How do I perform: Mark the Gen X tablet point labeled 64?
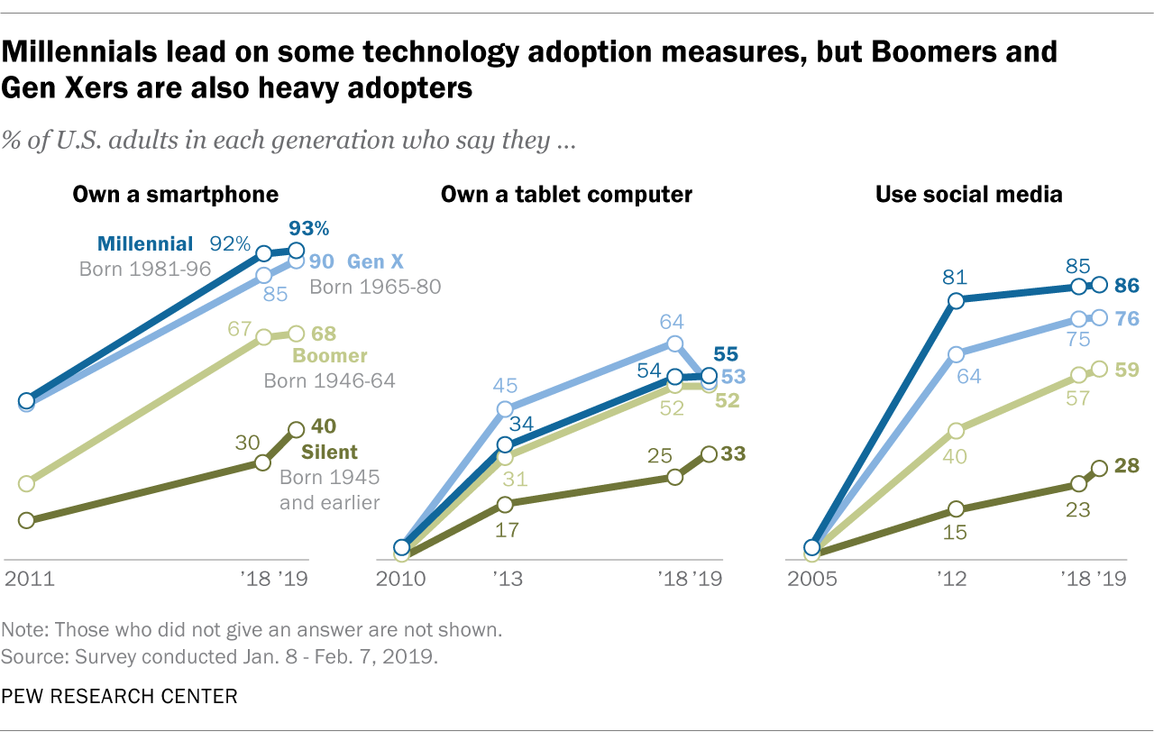(674, 343)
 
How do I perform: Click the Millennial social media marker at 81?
(957, 300)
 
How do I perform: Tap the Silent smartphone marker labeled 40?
(296, 430)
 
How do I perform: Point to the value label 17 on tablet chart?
(508, 529)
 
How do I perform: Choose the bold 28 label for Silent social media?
(1127, 466)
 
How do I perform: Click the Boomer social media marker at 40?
(957, 430)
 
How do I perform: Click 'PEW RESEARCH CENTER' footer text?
(120, 696)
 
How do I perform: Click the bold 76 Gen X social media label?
(1127, 318)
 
